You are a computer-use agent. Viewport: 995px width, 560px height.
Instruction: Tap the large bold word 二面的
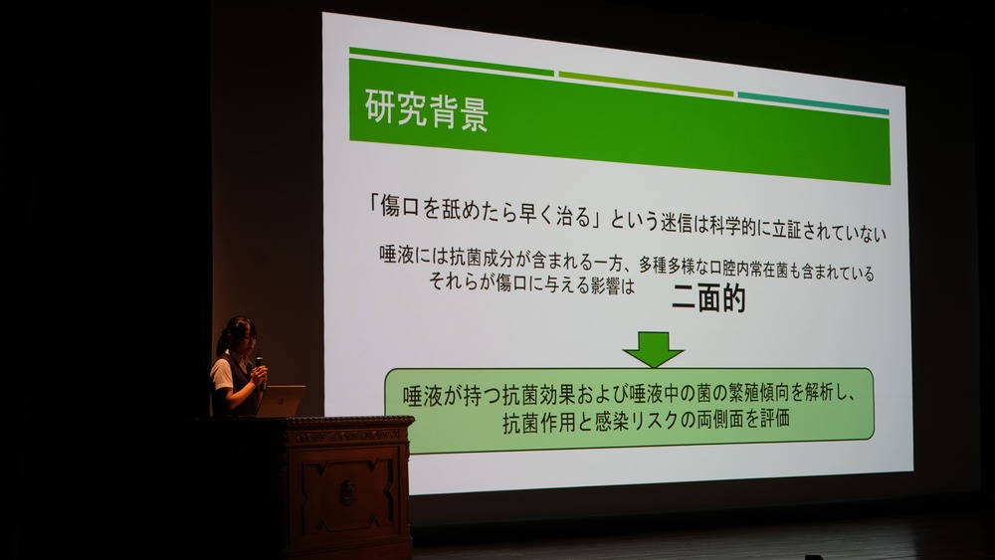click(x=708, y=298)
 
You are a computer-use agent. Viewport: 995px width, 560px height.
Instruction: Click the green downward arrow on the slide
click(x=653, y=349)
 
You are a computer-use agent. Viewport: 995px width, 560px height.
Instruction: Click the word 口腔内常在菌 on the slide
click(x=749, y=269)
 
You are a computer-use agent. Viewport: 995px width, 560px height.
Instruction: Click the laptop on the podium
click(x=280, y=401)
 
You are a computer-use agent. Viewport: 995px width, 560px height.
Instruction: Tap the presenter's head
click(x=238, y=335)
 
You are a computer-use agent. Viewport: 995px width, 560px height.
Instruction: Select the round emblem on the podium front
click(x=347, y=492)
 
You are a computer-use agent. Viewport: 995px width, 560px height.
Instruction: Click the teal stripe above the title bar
click(x=813, y=103)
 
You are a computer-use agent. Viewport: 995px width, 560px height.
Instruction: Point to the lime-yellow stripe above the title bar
click(x=646, y=84)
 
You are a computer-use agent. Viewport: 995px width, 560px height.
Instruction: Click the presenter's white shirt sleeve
click(x=222, y=374)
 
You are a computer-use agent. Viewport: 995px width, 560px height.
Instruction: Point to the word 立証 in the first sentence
click(x=787, y=229)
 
